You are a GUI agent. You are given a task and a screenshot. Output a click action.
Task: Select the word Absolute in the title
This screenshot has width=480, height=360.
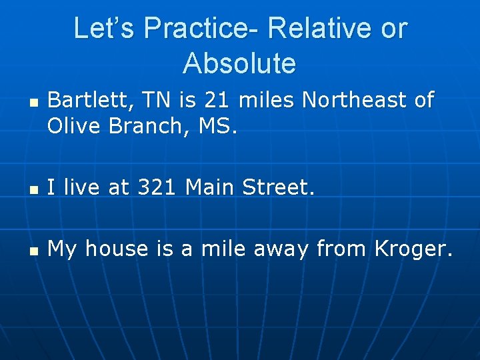pyautogui.click(x=239, y=64)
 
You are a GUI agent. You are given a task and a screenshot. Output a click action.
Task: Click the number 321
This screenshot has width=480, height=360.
pyautogui.click(x=157, y=188)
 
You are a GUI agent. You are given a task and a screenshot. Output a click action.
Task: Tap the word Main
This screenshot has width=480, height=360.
pyautogui.click(x=211, y=188)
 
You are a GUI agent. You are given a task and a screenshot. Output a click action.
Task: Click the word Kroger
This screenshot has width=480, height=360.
pyautogui.click(x=413, y=249)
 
